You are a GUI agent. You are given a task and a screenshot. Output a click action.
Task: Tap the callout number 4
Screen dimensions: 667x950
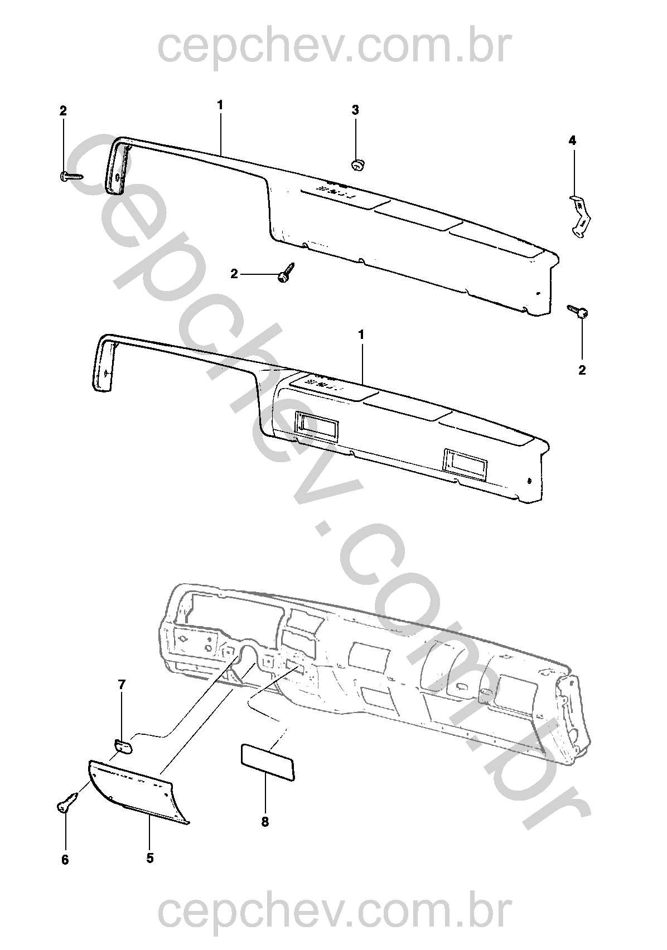572,140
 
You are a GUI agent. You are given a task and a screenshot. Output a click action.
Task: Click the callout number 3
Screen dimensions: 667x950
355,110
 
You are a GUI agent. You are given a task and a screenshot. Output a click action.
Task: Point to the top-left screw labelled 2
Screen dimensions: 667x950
71,176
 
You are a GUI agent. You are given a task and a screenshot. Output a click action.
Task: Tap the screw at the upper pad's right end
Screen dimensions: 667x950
578,312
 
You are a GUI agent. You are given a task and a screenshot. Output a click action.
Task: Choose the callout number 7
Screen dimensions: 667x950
122,685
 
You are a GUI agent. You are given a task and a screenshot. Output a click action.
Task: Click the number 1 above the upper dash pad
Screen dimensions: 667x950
220,105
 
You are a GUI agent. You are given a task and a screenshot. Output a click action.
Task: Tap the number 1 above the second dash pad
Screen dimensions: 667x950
361,335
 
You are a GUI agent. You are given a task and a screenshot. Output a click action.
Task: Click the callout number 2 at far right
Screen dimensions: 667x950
582,370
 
